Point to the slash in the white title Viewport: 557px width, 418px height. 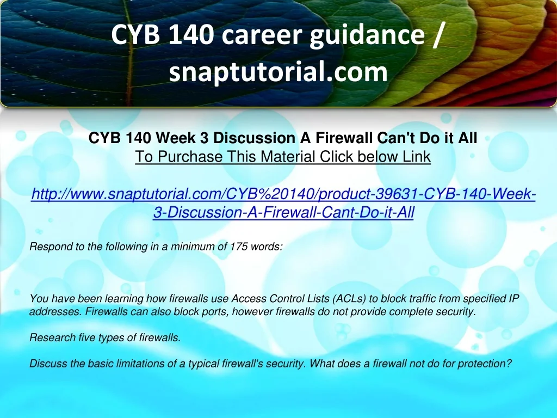coord(438,35)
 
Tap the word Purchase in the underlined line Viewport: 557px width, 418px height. coord(190,156)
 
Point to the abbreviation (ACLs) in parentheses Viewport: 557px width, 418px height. coord(350,299)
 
